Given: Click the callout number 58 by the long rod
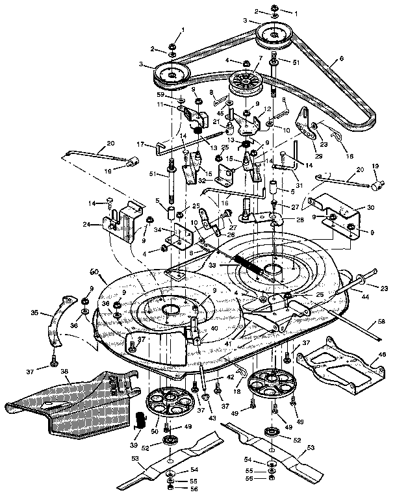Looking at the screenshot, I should pos(381,322).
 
